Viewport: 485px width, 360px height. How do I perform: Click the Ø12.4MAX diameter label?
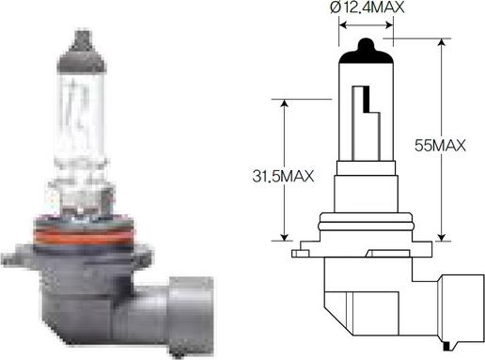(x=367, y=8)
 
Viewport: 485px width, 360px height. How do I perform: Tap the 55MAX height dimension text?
(x=440, y=146)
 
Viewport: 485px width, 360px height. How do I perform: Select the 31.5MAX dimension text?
(x=283, y=176)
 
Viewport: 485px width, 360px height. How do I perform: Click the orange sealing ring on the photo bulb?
(x=84, y=239)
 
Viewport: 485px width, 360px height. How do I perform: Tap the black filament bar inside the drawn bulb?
(x=367, y=99)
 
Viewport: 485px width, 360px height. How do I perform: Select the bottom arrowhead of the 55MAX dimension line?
(x=442, y=237)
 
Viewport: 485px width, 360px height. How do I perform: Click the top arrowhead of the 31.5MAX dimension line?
(x=284, y=103)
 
